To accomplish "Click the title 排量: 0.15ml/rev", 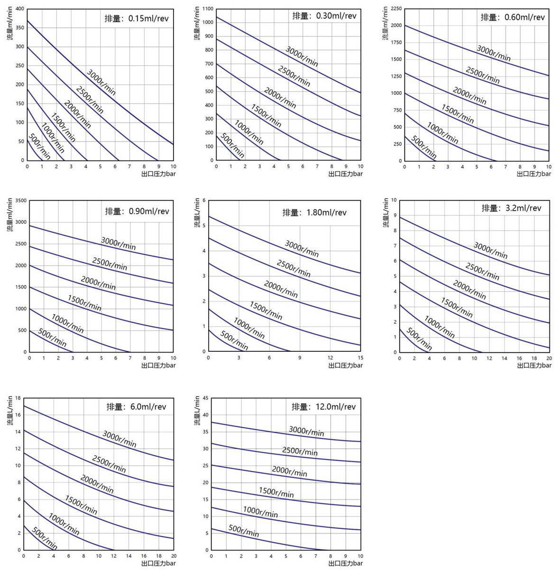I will click(137, 19).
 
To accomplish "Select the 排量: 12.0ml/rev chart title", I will click(323, 407).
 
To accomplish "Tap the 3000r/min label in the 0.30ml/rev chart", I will click(302, 56).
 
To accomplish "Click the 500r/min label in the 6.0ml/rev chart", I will click(45, 539).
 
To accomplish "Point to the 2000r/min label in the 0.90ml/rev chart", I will click(98, 283).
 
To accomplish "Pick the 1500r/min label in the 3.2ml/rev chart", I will click(457, 307).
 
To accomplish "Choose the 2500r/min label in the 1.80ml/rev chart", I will click(294, 269).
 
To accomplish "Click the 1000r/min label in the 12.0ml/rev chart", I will click(260, 512).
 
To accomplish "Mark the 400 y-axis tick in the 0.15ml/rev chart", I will click(19, 9).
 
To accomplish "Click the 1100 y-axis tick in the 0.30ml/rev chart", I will click(208, 9).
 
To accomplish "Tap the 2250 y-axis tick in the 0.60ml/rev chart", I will click(396, 9).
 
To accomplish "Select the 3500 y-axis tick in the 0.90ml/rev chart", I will click(20, 201).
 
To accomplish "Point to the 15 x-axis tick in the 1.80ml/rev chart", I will click(360, 358).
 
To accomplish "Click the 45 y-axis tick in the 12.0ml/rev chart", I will click(206, 398).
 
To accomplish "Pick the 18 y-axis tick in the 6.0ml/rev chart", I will click(18, 398).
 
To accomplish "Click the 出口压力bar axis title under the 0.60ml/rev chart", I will click(533, 174).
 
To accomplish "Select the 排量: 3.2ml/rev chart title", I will click(511, 208).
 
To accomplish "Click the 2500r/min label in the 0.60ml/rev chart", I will click(482, 75).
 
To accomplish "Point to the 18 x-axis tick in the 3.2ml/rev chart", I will click(534, 358).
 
